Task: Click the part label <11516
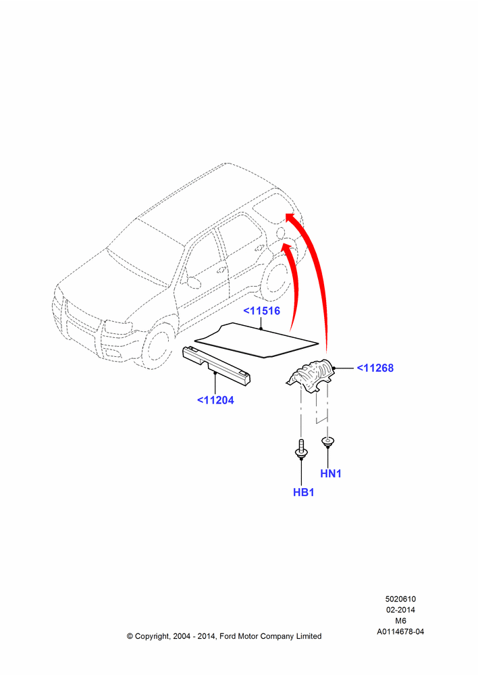click(262, 311)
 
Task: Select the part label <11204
click(215, 400)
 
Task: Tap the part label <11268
click(375, 368)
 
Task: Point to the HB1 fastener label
click(304, 492)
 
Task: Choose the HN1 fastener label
click(331, 473)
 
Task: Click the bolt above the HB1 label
click(300, 449)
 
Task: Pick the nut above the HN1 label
click(328, 442)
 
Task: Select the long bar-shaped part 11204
click(217, 366)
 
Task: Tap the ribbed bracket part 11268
click(311, 375)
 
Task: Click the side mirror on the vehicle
click(192, 281)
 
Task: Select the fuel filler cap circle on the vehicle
click(280, 232)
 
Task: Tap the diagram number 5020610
click(400, 599)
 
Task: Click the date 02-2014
click(400, 610)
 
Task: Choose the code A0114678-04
click(400, 631)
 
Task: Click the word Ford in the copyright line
click(228, 636)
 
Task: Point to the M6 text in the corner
click(400, 621)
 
